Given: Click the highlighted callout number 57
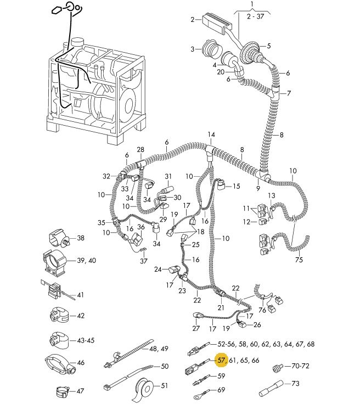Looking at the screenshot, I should [x=222, y=361].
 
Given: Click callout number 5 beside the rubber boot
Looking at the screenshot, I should [x=269, y=46].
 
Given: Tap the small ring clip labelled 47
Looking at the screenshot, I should [x=63, y=392].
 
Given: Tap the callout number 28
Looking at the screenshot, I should [x=140, y=150].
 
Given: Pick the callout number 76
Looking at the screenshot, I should [x=262, y=311].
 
